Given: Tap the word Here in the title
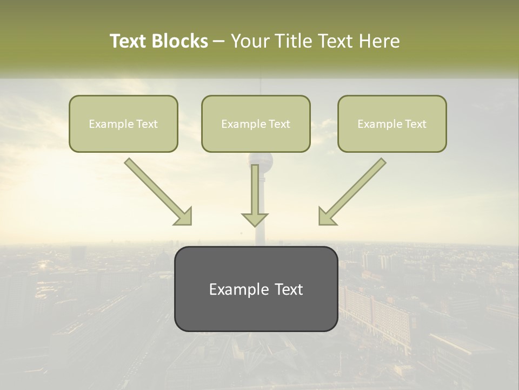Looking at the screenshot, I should [379, 41].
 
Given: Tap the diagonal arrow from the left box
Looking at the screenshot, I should [155, 188].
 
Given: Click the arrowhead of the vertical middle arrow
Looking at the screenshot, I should [255, 218].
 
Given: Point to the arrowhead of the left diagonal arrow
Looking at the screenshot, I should [184, 217].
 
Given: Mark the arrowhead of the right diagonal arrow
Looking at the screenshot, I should [326, 217].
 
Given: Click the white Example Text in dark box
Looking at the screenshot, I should [256, 289].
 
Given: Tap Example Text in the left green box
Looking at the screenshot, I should [123, 124].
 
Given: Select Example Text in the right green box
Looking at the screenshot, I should [392, 124].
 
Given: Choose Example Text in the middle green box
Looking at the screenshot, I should [256, 124].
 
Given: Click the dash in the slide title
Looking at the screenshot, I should [219, 42].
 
